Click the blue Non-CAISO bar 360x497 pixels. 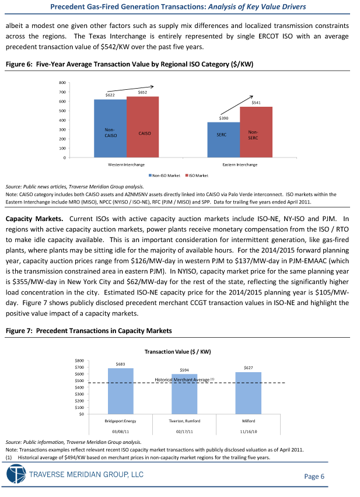110,128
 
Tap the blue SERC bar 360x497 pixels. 223,139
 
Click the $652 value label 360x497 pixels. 142,92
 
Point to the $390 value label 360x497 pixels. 223,118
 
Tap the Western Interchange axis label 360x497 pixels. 126,164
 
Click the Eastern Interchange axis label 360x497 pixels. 240,164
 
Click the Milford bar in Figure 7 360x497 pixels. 248,393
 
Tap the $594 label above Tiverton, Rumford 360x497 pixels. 184,370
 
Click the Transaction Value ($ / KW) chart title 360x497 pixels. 181,352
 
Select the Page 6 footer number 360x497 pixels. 314,477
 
